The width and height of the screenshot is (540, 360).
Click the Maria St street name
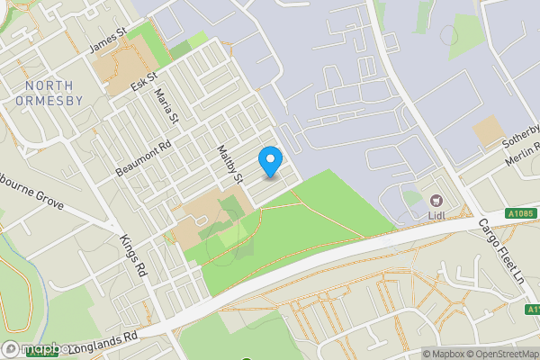coord(166,105)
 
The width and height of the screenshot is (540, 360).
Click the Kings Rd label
coord(133,256)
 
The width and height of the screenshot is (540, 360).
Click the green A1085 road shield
coord(520,213)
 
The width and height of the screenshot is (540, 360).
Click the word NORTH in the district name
coord(49,85)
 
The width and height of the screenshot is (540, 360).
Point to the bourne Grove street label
coord(31,198)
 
